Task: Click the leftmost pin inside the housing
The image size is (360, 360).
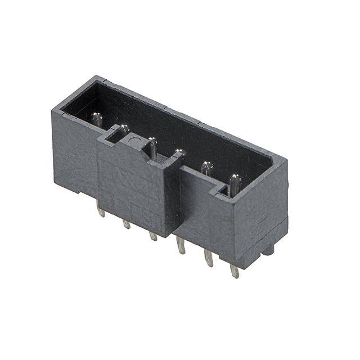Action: [x=97, y=119]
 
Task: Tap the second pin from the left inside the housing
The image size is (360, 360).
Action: [x=124, y=130]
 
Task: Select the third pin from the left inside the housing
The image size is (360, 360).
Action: [x=152, y=147]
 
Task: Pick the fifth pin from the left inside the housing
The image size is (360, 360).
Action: [x=207, y=168]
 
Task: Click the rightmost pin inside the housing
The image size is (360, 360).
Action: [x=234, y=183]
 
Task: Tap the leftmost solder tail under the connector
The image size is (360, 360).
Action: [x=101, y=211]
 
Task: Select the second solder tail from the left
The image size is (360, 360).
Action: [x=127, y=224]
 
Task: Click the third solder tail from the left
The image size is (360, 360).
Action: [x=153, y=236]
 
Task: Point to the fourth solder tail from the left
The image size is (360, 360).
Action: [x=181, y=245]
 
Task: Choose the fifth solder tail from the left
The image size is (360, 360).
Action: [x=208, y=258]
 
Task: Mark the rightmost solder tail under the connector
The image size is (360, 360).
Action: [x=235, y=271]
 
